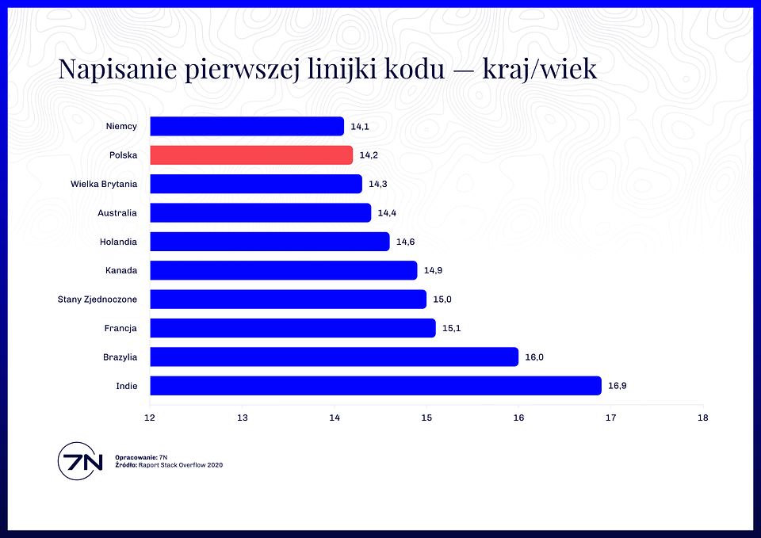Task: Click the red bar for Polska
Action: [x=251, y=155]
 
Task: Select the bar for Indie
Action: [x=376, y=386]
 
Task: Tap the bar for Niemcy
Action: [x=247, y=126]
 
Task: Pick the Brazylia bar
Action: [x=335, y=357]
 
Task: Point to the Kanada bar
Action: [x=284, y=270]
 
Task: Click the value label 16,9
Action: [x=618, y=386]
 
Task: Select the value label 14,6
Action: [x=406, y=242]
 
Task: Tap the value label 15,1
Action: [x=451, y=328]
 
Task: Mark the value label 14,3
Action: [x=378, y=184]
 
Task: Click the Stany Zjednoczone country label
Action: [x=97, y=300]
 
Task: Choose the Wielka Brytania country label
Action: [x=104, y=184]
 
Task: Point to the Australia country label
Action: [x=117, y=213]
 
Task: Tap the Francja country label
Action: [x=120, y=329]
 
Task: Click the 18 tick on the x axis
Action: [x=703, y=418]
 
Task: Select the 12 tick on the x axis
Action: [x=150, y=418]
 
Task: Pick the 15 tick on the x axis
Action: [x=426, y=418]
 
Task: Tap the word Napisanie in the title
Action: [x=117, y=69]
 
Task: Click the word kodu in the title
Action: [x=415, y=68]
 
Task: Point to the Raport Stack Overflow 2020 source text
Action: [x=181, y=465]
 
